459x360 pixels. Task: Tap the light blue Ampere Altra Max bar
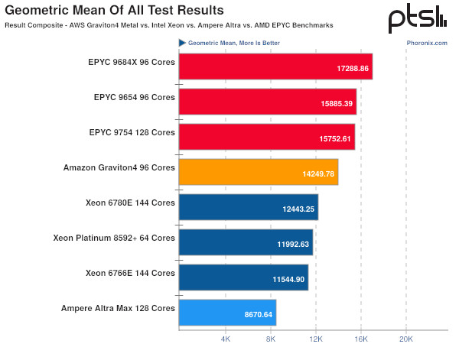[x=227, y=313]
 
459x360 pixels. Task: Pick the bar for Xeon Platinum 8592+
[x=246, y=243]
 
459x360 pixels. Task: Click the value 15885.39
[x=337, y=103]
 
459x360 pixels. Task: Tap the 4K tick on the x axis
[x=225, y=338]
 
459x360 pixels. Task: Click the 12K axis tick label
[x=315, y=338]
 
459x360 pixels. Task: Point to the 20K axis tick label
[x=405, y=338]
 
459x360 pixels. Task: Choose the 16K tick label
[x=360, y=338]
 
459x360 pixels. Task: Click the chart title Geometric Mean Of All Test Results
[x=115, y=11]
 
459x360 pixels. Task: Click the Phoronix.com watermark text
[x=427, y=43]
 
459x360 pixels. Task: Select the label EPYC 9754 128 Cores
[x=132, y=132]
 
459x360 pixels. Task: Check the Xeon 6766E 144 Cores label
[x=131, y=273]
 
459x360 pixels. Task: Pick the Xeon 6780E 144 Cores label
[x=131, y=203]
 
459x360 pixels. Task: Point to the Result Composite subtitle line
[x=168, y=25]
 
